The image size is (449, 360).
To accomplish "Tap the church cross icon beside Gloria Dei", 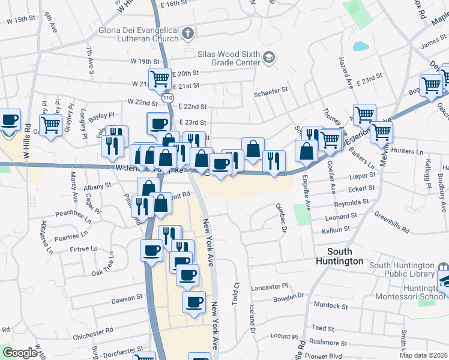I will (x=188, y=32).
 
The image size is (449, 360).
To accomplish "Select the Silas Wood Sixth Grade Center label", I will (x=229, y=58).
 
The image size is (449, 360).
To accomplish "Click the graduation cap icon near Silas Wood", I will (x=268, y=58).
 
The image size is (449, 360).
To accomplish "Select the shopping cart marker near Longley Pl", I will (x=52, y=124).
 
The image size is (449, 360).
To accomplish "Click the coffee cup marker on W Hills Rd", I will (x=10, y=119).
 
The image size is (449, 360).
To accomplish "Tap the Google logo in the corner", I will (x=20, y=353).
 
